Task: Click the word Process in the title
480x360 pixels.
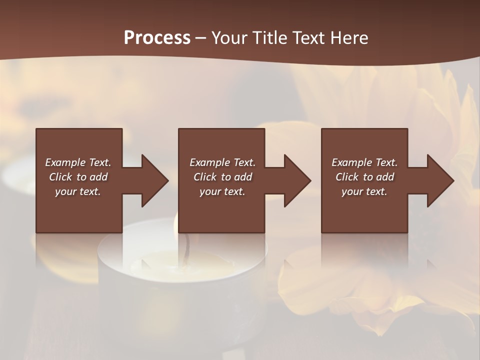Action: click(157, 37)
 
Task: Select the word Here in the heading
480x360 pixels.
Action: click(349, 37)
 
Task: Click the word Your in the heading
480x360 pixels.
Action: click(229, 37)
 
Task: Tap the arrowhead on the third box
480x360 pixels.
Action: click(439, 180)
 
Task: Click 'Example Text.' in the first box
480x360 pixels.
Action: click(78, 162)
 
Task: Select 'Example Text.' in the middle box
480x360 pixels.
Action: click(222, 162)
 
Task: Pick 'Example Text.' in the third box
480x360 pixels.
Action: click(364, 162)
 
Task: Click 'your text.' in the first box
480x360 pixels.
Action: click(78, 191)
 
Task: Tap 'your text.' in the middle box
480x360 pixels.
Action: click(222, 191)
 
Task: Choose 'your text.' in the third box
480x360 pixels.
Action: click(364, 191)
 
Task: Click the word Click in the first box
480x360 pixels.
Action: click(60, 177)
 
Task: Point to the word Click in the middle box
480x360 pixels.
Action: click(205, 177)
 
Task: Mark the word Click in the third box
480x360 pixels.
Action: click(347, 177)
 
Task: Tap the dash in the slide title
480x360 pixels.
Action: click(201, 38)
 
